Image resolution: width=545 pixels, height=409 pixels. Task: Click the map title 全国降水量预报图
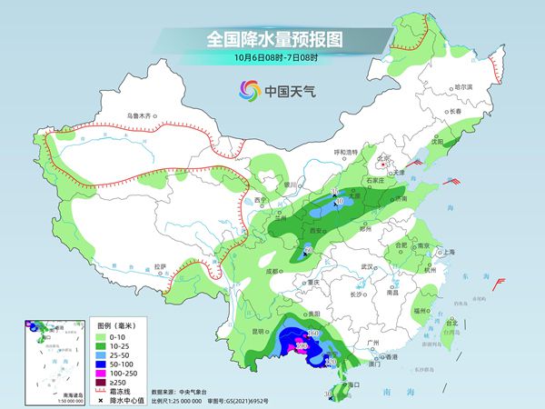pyautogui.click(x=272, y=39)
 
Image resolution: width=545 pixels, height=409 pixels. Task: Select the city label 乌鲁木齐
pyautogui.click(x=142, y=115)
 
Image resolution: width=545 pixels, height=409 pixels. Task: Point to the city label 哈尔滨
pyautogui.click(x=463, y=86)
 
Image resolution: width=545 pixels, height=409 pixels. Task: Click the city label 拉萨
pyautogui.click(x=161, y=266)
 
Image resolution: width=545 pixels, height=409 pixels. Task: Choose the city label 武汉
pyautogui.click(x=367, y=266)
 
